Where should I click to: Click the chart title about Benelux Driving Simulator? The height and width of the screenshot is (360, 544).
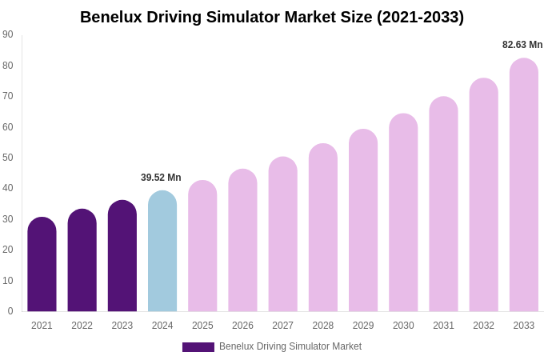[272, 17]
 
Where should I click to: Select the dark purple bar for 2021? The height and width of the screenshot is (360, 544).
[42, 265]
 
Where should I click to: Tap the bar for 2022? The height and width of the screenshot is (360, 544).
[82, 261]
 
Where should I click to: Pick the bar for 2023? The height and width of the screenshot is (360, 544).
[122, 256]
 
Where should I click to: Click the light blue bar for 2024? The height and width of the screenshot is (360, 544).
[162, 251]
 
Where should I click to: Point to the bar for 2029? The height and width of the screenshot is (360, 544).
[363, 221]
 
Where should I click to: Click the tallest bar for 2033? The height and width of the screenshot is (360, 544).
[524, 185]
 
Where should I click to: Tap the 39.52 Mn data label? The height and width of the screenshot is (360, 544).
[161, 178]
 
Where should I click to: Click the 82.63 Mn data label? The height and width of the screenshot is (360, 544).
[522, 45]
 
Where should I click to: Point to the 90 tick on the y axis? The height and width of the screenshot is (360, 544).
[8, 34]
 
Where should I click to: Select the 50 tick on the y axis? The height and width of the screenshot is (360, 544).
[8, 158]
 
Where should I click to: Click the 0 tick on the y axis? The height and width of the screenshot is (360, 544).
[10, 311]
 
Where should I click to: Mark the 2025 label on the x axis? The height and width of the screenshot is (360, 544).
[202, 326]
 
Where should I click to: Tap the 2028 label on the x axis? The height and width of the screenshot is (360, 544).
[323, 326]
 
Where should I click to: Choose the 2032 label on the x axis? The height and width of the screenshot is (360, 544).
[483, 326]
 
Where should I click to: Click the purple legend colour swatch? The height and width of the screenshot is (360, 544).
[198, 347]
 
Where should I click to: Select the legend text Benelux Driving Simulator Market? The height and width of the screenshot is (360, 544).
[290, 346]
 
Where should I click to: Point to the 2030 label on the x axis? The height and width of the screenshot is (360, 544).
[403, 326]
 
